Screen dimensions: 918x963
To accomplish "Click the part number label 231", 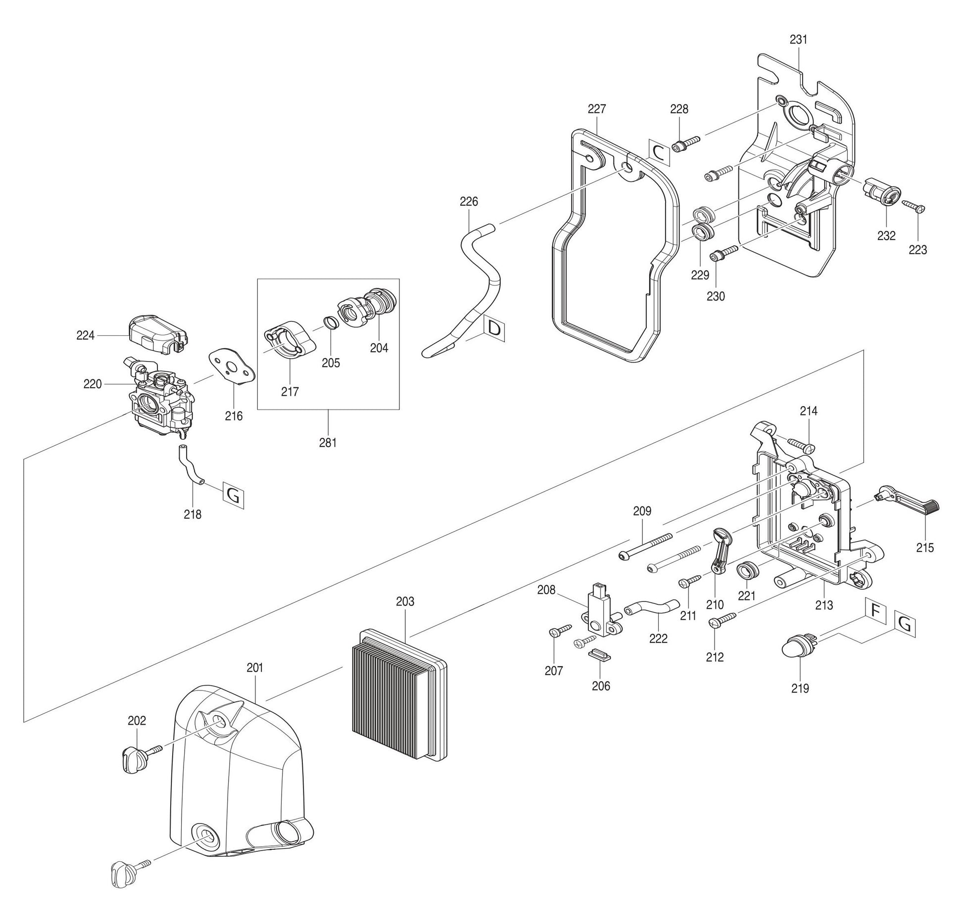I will point(798,40).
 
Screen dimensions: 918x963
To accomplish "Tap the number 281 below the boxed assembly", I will point(328,443).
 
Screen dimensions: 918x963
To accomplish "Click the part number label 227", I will point(597,109).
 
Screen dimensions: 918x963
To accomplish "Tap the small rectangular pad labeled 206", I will point(599,656).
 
